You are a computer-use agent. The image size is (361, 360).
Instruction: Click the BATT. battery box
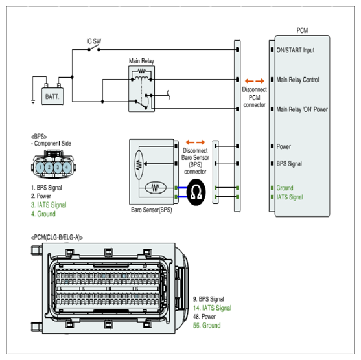click(x=52, y=96)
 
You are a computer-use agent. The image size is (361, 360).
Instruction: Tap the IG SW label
click(x=94, y=41)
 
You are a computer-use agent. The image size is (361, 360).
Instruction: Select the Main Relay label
click(x=141, y=61)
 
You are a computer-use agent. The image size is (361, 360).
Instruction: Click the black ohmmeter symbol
click(x=196, y=192)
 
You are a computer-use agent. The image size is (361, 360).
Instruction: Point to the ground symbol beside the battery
click(x=33, y=102)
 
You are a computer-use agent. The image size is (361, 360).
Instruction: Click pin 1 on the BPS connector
click(x=40, y=167)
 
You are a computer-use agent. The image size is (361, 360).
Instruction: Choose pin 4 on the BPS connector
click(x=67, y=167)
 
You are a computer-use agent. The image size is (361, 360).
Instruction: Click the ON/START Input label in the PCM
click(x=296, y=50)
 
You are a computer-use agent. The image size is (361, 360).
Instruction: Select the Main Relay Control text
click(x=297, y=80)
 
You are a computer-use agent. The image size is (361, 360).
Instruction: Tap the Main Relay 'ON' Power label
click(x=302, y=109)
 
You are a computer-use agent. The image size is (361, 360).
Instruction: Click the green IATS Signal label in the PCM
click(x=290, y=197)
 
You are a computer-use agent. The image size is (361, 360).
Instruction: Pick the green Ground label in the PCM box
click(x=285, y=188)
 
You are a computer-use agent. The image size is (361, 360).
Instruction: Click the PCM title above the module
click(x=302, y=30)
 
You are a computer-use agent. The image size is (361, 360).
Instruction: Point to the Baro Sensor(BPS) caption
click(x=152, y=210)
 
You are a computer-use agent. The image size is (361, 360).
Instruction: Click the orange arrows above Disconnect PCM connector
click(x=255, y=81)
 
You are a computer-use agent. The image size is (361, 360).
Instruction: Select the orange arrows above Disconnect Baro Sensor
click(x=195, y=142)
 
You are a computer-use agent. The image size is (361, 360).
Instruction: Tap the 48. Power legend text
click(x=204, y=317)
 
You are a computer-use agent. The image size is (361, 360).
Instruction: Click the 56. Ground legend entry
click(x=207, y=326)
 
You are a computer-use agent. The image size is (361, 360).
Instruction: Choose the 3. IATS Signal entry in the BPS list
click(x=49, y=205)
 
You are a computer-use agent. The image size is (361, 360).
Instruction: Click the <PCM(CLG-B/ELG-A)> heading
click(x=57, y=238)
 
